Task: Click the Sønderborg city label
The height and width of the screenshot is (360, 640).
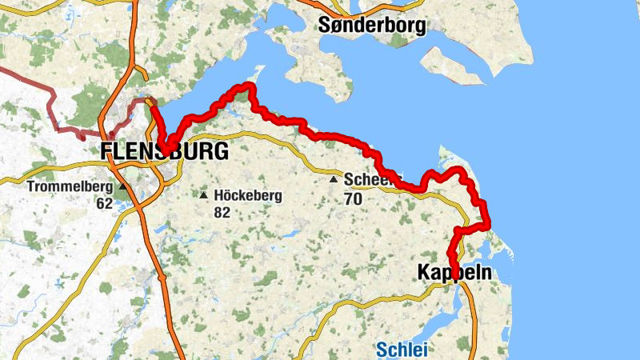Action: tap(372, 24)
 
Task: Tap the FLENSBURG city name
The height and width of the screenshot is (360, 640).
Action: tap(164, 151)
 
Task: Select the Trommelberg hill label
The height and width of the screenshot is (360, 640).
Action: tap(70, 187)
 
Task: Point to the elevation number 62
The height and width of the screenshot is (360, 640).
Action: tap(103, 203)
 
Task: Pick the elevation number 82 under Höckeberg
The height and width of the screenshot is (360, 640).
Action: tap(222, 212)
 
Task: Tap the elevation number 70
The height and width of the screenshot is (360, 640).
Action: tap(353, 198)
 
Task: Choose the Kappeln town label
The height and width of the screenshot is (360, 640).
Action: tap(454, 273)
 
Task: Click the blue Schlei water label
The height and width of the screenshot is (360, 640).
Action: tap(402, 349)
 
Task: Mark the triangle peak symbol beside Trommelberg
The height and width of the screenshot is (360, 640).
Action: tap(122, 187)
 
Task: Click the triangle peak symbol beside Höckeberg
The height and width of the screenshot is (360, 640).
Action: tap(204, 195)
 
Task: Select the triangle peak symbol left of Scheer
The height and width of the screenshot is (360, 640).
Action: tap(334, 180)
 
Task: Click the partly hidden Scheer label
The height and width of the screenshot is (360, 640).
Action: tap(366, 179)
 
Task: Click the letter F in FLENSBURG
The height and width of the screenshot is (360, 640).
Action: tap(107, 151)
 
